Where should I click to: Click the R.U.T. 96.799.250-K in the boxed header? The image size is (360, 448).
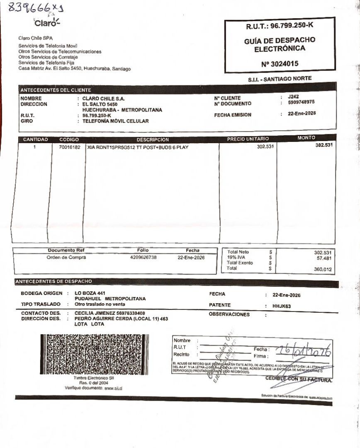280,26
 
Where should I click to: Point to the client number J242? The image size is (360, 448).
293,96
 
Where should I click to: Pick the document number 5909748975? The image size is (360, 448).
301,102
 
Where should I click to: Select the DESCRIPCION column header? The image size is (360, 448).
153,140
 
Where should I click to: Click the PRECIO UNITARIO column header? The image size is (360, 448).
248,139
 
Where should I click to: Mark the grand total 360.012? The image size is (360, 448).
323,269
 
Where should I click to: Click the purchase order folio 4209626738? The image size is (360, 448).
143,257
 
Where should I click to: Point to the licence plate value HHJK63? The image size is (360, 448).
282,306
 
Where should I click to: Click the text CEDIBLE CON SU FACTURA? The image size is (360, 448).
299,380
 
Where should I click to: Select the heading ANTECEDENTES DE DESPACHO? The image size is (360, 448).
53,282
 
